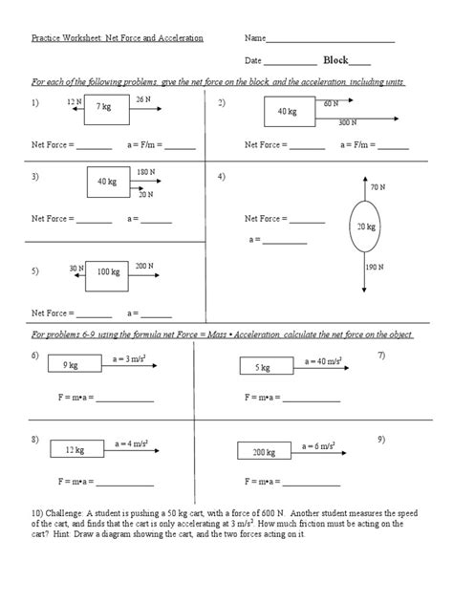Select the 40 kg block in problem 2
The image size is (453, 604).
(x=288, y=113)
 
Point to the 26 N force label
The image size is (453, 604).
(x=143, y=99)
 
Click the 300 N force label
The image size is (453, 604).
(x=348, y=123)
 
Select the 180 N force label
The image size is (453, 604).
(x=145, y=172)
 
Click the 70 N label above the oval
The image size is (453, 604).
(x=377, y=187)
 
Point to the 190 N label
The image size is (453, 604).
(x=375, y=268)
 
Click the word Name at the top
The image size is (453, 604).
(x=254, y=39)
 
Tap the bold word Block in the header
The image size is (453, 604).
(x=337, y=59)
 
